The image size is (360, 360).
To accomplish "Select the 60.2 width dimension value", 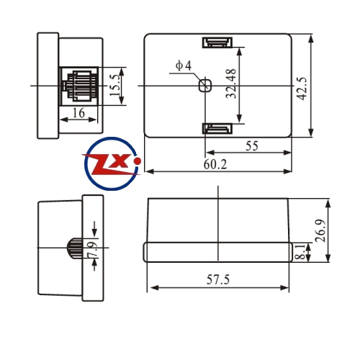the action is (x=215, y=165).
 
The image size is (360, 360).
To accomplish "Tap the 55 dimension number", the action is (x=252, y=146).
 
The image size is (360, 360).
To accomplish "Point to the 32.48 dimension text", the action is (x=231, y=84).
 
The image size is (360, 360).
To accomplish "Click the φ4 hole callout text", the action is (x=184, y=66).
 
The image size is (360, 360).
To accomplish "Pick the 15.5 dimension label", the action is (x=114, y=85).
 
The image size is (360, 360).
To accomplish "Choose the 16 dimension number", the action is (x=78, y=112).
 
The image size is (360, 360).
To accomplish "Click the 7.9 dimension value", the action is (x=93, y=250).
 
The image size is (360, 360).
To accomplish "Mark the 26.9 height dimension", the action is (x=320, y=230).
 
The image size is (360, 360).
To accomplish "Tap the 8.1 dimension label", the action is (x=300, y=252).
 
